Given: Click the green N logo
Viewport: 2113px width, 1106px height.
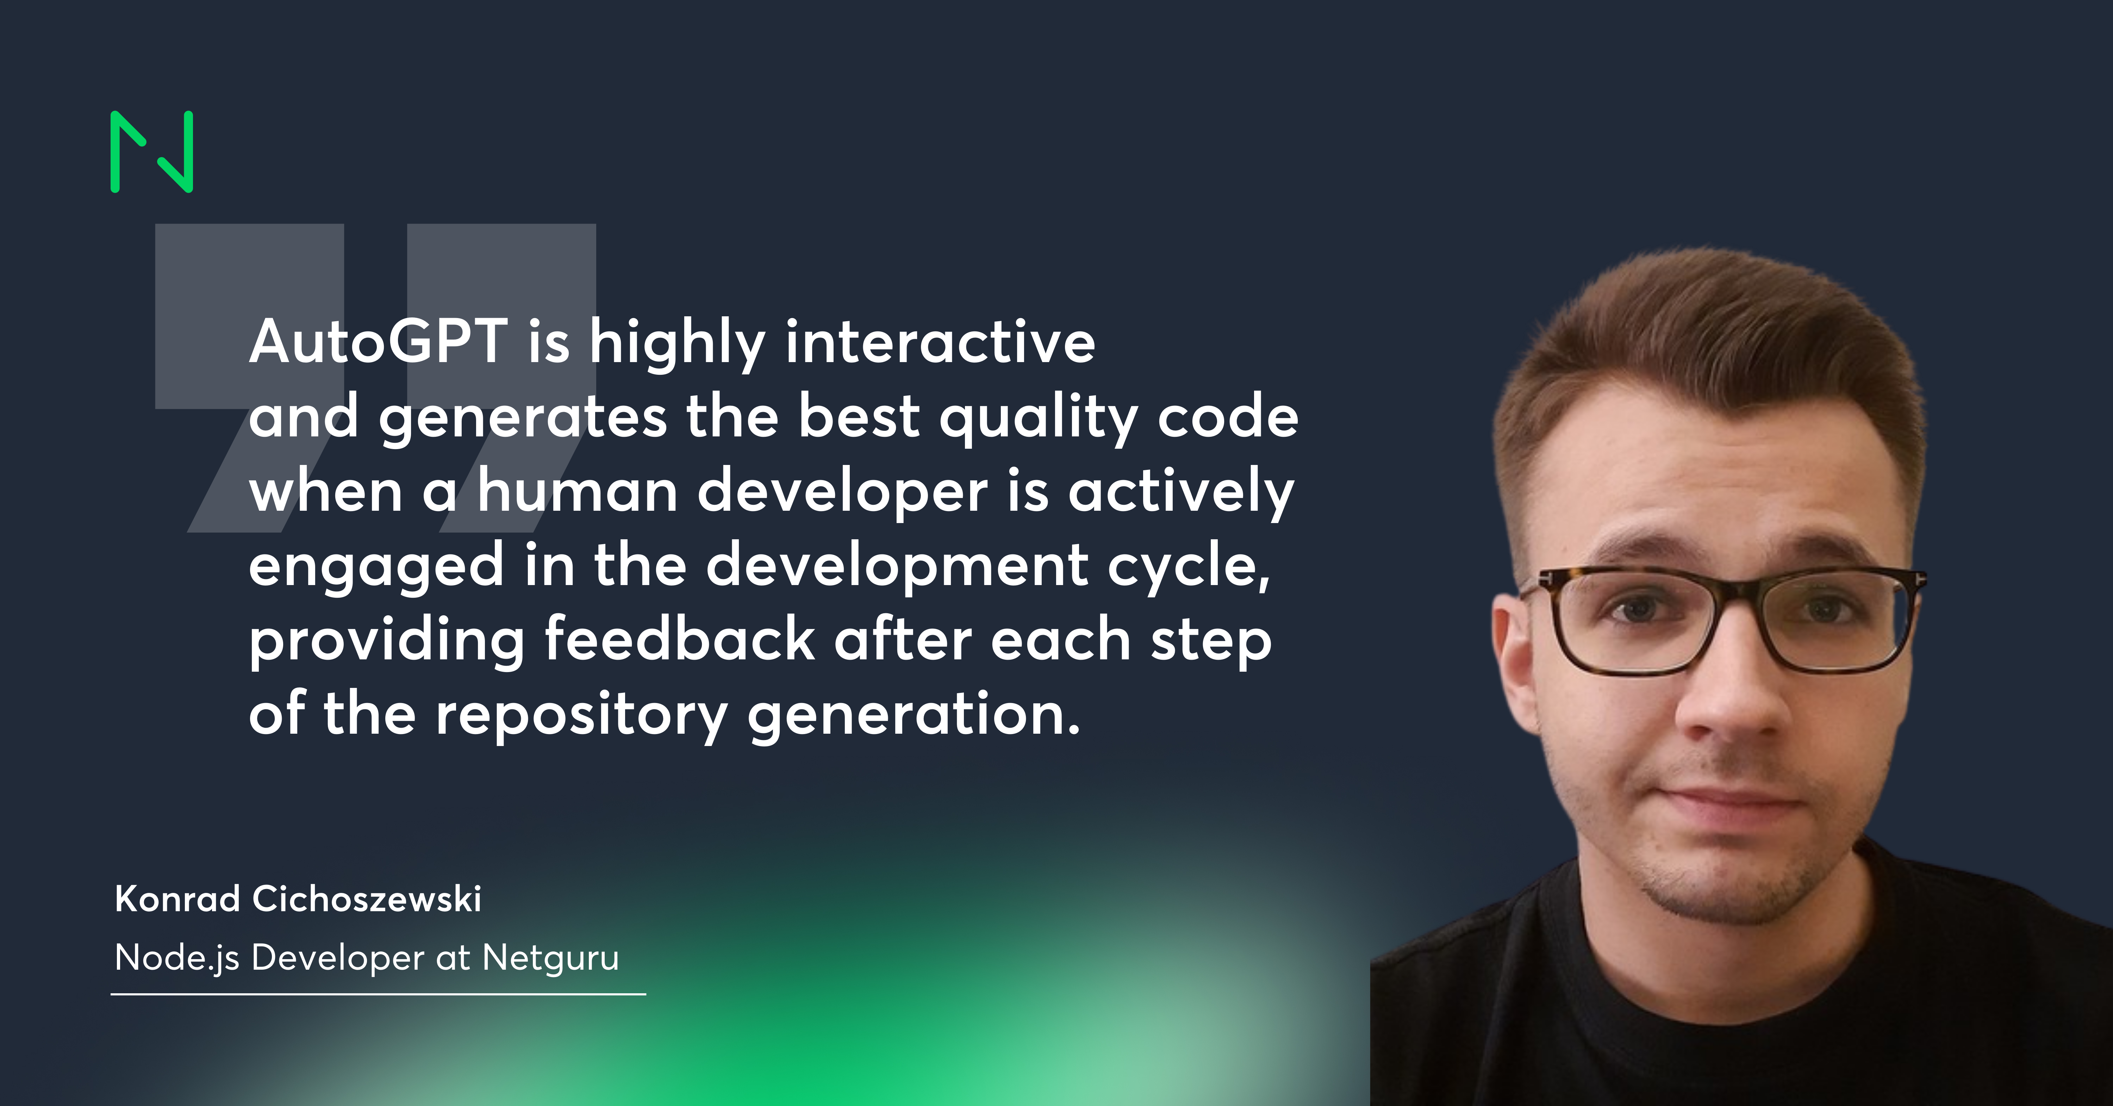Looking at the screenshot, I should coord(152,152).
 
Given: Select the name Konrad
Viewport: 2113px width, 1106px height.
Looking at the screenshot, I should coord(177,899).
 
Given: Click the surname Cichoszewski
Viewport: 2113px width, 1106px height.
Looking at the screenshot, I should coord(367,899).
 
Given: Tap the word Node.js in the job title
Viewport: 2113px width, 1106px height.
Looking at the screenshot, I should coord(176,957).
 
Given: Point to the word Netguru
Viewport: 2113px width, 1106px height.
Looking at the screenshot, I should coord(550,957).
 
